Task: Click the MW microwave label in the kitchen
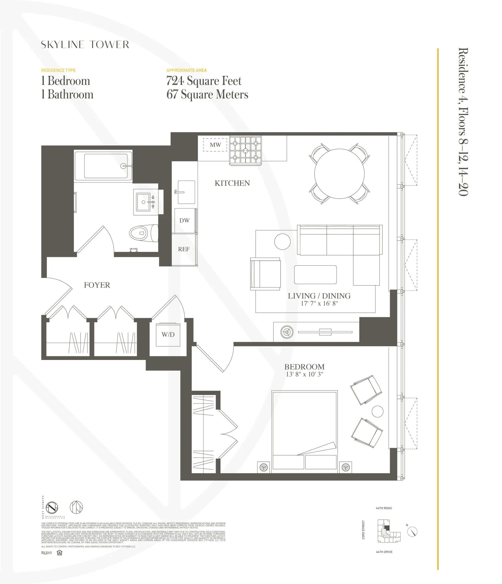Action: [215, 145]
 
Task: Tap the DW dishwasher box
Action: [184, 220]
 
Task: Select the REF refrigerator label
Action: [184, 249]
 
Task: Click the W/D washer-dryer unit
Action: [168, 335]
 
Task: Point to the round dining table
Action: [339, 174]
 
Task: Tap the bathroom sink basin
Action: [143, 202]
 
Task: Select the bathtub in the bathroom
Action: [106, 166]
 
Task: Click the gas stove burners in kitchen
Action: [245, 150]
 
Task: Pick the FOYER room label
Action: [97, 285]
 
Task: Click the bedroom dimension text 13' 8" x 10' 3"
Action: [305, 374]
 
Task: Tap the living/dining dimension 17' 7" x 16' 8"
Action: [319, 304]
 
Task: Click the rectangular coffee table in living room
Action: [315, 275]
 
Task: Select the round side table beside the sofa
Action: [282, 242]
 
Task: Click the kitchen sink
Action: [186, 192]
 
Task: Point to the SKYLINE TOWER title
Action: [85, 45]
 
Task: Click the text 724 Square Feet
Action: [204, 81]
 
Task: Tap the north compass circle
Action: [412, 532]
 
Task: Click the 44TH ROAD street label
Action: [384, 508]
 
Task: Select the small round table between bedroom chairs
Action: [377, 411]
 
